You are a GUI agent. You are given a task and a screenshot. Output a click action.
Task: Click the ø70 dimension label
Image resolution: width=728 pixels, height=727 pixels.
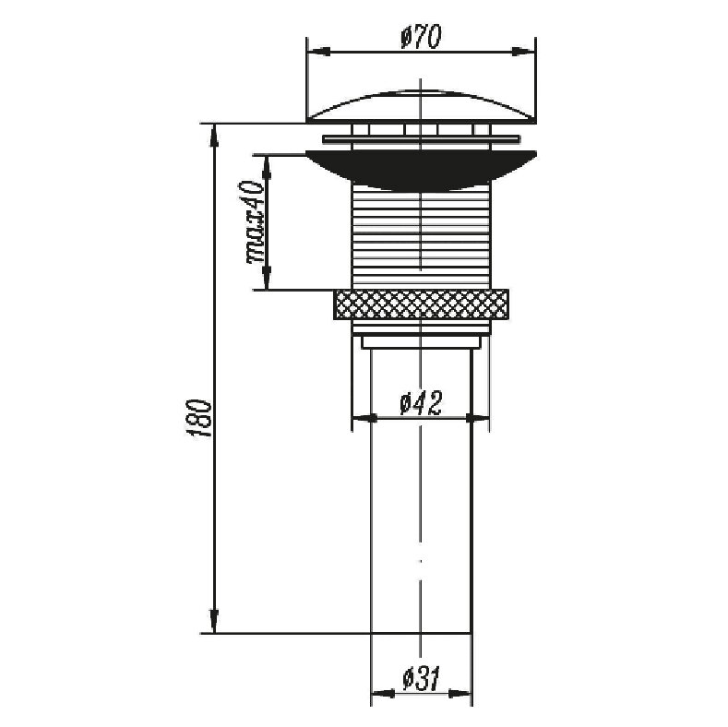click(x=421, y=36)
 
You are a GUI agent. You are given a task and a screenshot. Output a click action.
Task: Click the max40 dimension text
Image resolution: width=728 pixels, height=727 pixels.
click(x=255, y=222)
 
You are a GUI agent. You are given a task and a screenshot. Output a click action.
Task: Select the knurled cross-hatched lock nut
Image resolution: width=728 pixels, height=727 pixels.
click(x=421, y=304)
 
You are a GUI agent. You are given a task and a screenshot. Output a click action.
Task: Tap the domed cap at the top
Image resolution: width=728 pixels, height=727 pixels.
click(x=421, y=107)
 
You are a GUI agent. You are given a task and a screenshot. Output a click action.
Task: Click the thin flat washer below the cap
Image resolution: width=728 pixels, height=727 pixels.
click(x=421, y=138)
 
